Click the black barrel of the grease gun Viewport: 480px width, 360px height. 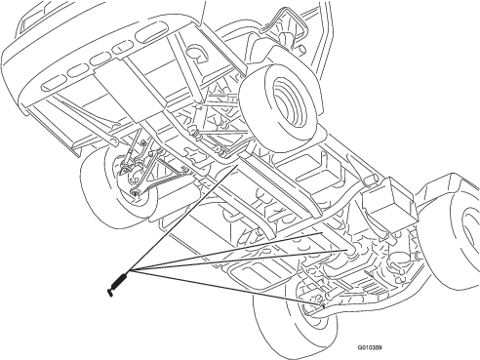click(120, 280)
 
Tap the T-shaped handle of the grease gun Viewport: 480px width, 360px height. click(109, 293)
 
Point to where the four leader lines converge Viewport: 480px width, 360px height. click(129, 271)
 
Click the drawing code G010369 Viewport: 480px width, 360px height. click(370, 347)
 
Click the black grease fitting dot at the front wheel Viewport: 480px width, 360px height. click(323, 305)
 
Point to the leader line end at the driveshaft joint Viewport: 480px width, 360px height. click(347, 250)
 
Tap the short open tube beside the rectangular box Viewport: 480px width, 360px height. click(370, 179)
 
